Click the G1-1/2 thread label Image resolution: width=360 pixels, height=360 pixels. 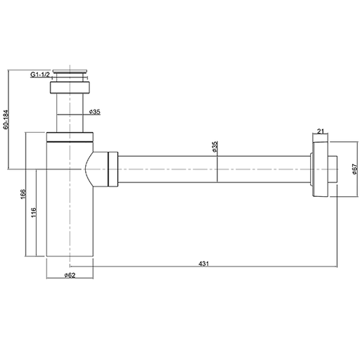pos(40,75)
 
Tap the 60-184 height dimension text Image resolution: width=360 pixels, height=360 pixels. pos(6,120)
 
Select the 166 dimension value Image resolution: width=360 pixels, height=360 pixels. pos(23,194)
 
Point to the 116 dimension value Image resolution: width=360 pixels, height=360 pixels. pos(34,212)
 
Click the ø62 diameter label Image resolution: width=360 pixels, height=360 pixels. pos(70,275)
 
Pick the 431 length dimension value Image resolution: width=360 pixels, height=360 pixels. pos(204,264)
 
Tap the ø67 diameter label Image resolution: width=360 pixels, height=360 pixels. pos(355,169)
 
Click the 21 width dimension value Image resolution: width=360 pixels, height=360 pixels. pos(320,131)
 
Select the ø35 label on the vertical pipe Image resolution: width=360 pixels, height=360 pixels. pos(95,112)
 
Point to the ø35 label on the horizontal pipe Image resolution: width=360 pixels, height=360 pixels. pos(215,147)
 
